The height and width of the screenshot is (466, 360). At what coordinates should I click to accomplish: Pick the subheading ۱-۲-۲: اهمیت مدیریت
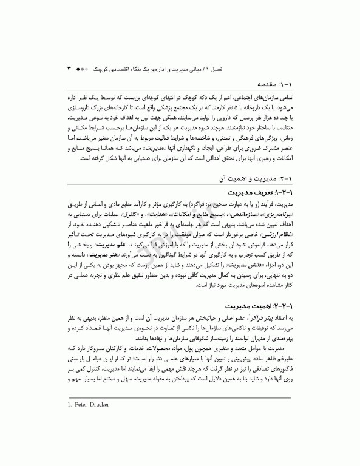(x=264, y=300)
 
